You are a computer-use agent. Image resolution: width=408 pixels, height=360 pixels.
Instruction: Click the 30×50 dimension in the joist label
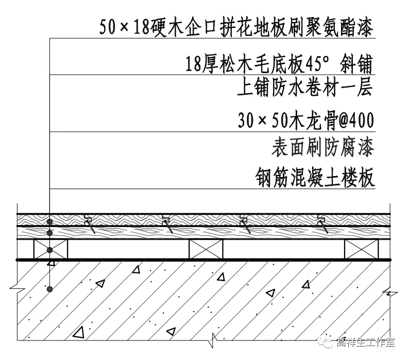(260, 121)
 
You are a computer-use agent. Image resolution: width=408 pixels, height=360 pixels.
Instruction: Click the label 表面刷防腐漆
(322, 148)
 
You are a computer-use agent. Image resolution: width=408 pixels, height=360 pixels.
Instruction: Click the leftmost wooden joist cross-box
(51, 250)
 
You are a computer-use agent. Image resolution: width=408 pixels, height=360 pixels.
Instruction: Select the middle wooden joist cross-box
(206, 250)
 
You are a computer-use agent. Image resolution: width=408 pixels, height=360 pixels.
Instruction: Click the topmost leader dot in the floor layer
(50, 221)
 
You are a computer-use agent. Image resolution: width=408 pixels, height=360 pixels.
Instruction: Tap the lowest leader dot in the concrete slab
(50, 289)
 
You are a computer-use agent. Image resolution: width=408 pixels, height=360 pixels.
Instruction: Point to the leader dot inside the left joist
(50, 250)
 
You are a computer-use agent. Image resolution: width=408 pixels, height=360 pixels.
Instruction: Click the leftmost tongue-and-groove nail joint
(88, 224)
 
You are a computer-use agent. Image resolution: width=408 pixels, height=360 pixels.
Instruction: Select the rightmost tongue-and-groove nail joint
(323, 224)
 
